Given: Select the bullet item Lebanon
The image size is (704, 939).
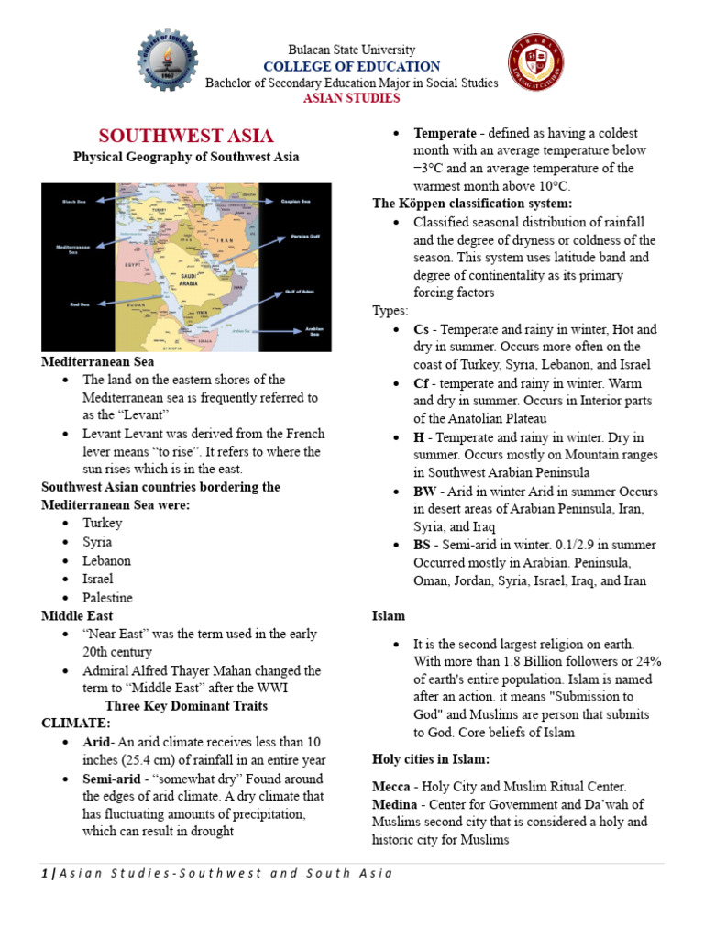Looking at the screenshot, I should [106, 560].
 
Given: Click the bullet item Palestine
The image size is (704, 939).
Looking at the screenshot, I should [108, 597].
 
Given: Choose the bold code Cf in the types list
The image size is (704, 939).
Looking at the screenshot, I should [422, 383].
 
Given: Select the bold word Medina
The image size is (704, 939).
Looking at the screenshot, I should [396, 804].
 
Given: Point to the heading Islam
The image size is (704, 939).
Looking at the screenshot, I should [389, 615].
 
